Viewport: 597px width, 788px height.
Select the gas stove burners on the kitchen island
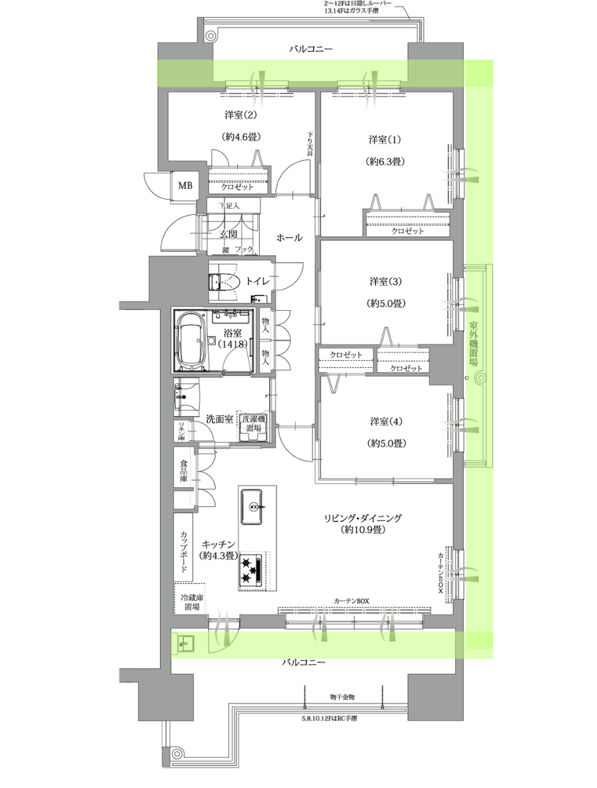coord(251,570)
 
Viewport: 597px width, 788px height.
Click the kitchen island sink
coord(253,506)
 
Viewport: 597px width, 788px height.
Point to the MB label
coord(185,186)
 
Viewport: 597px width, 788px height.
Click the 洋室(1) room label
coord(385,139)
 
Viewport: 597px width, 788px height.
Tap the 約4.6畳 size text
coord(241,136)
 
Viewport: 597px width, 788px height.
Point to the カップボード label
coord(184,551)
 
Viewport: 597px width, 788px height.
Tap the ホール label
coord(290,237)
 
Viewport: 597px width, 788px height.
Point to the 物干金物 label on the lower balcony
coord(342,697)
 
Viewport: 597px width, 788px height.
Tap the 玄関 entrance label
coord(228,234)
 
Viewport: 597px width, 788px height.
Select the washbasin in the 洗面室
coord(181,397)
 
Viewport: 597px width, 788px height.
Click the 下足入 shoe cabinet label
coord(229,206)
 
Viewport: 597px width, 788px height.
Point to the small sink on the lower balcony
coord(184,642)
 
